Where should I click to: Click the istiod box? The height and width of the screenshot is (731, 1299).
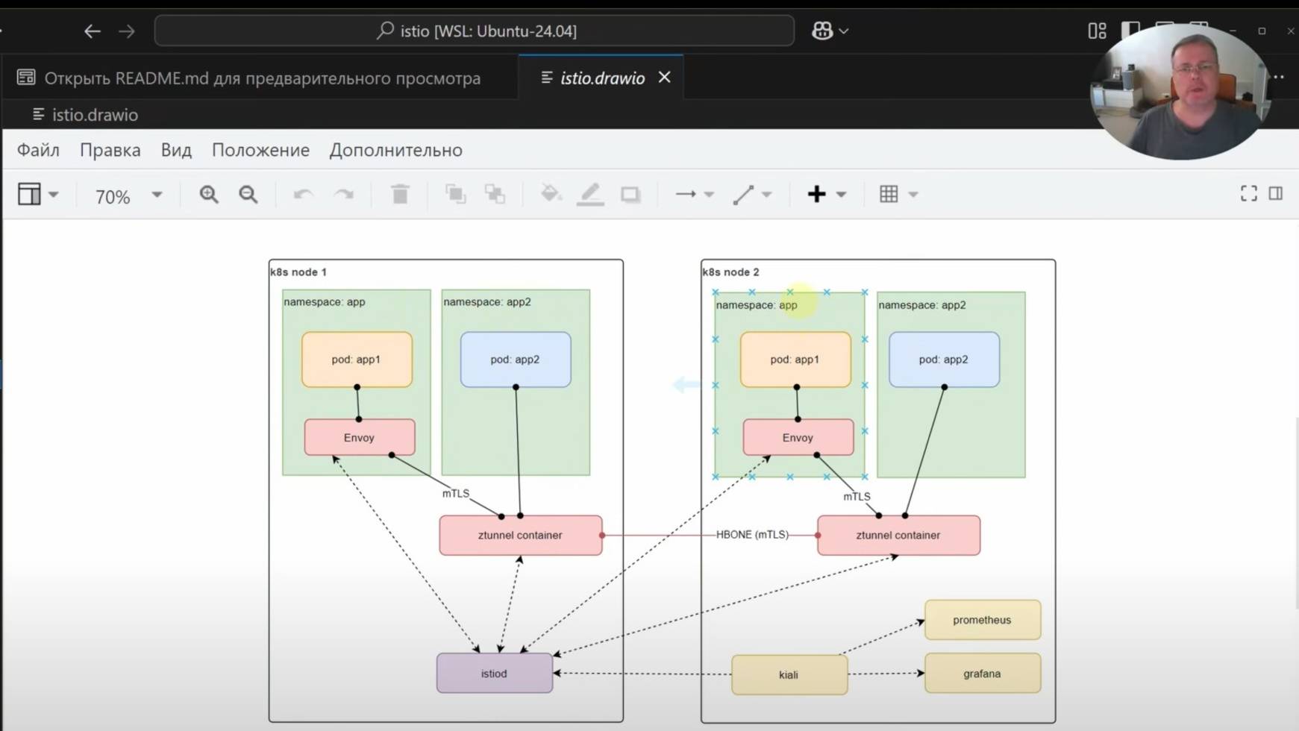(494, 674)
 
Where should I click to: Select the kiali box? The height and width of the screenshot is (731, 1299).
(789, 675)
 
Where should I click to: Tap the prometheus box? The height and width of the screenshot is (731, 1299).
(982, 620)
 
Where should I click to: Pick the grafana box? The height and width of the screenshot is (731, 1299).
(982, 674)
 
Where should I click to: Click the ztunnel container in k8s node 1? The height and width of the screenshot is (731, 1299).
(520, 536)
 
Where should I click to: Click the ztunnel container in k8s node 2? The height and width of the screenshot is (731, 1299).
(898, 536)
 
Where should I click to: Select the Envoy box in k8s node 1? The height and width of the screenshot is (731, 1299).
(359, 438)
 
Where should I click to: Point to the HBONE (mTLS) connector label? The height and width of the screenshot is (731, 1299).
(752, 535)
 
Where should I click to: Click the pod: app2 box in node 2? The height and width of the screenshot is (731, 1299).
(944, 360)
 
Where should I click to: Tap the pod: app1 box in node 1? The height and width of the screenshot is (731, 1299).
(357, 360)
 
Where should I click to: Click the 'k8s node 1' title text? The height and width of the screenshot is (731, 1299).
(298, 272)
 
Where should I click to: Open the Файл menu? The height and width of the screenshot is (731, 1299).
(38, 150)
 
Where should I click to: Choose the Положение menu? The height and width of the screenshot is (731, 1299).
(260, 150)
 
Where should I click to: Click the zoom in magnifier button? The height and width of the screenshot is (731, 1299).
(209, 195)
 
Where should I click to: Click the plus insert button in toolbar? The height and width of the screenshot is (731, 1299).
(817, 195)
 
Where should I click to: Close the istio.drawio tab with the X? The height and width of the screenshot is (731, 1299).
(664, 78)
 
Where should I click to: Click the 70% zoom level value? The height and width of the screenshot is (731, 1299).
(113, 197)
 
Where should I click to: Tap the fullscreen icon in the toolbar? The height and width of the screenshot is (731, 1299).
(1248, 194)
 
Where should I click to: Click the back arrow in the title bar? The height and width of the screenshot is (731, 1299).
(93, 31)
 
